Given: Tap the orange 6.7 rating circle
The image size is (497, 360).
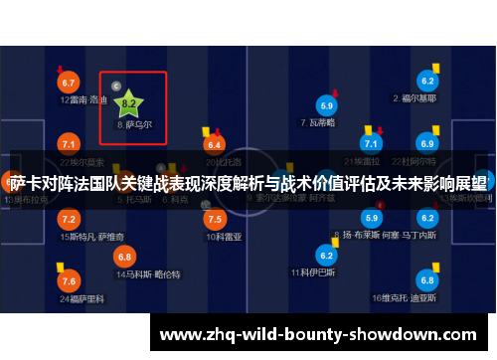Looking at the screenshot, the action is (69, 82).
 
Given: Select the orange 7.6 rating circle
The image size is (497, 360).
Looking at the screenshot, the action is (69, 281).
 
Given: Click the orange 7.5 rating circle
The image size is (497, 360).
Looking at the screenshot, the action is (215, 219).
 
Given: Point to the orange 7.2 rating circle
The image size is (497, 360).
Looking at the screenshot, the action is (69, 219).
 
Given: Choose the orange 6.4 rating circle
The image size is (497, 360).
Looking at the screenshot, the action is (215, 144).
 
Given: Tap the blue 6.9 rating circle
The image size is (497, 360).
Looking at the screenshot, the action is (428, 144).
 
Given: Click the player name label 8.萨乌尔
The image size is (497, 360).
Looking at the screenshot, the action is (134, 125).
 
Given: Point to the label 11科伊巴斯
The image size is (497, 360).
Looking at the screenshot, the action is (310, 271).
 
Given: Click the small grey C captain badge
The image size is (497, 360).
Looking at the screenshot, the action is (116, 87).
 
